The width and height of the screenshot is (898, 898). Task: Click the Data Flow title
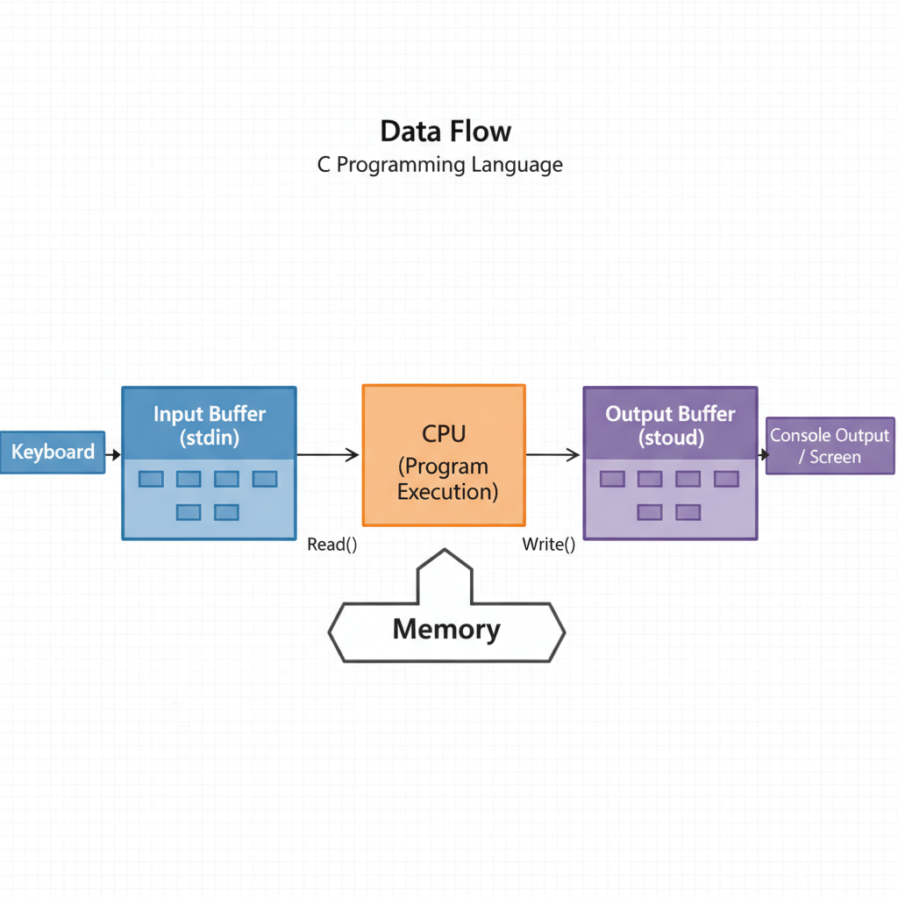pyautogui.click(x=445, y=132)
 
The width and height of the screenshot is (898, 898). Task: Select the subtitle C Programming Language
pyautogui.click(x=440, y=164)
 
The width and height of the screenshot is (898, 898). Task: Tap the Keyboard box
pyautogui.click(x=53, y=453)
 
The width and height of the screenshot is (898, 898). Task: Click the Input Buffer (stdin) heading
pyautogui.click(x=210, y=425)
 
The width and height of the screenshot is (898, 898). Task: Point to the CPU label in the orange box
pyautogui.click(x=444, y=435)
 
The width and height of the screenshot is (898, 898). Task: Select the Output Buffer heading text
pyautogui.click(x=671, y=414)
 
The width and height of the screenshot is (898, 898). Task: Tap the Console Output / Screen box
pyautogui.click(x=830, y=446)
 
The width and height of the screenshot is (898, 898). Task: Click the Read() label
pyautogui.click(x=332, y=545)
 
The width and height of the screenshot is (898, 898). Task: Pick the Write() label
pyautogui.click(x=549, y=545)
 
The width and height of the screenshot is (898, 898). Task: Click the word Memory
pyautogui.click(x=446, y=629)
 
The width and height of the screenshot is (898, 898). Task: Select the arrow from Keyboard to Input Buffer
pyautogui.click(x=113, y=453)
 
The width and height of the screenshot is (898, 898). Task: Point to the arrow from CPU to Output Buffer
pyautogui.click(x=553, y=454)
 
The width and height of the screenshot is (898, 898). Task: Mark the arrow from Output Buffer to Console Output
pyautogui.click(x=763, y=454)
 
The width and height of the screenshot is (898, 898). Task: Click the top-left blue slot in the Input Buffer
pyautogui.click(x=151, y=479)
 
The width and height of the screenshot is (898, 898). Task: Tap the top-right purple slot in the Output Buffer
pyautogui.click(x=726, y=479)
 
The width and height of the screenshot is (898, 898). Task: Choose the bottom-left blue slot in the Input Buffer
pyautogui.click(x=189, y=512)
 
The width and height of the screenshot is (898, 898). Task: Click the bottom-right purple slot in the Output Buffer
pyautogui.click(x=688, y=512)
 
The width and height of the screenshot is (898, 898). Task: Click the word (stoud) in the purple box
pyautogui.click(x=671, y=438)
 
